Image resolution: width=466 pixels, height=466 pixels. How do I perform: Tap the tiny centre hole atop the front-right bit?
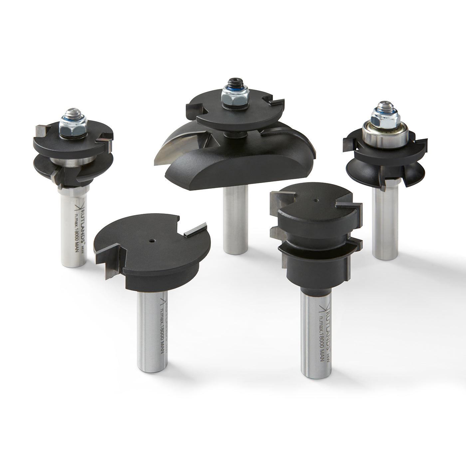click(x=315, y=201)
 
